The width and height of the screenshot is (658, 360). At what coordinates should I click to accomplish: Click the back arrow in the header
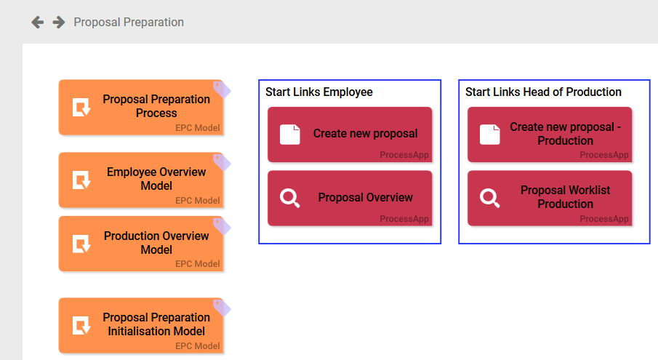click(x=38, y=23)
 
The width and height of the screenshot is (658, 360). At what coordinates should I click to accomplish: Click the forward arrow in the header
click(x=59, y=23)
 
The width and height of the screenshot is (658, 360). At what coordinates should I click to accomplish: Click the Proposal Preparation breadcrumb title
click(x=129, y=23)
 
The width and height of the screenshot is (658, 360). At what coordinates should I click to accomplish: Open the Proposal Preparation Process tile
click(x=141, y=107)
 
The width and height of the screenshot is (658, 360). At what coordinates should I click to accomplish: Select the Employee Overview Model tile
click(x=141, y=180)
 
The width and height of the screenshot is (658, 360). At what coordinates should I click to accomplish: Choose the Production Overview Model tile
click(x=141, y=243)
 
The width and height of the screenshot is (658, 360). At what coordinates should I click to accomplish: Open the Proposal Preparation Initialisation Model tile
click(x=141, y=325)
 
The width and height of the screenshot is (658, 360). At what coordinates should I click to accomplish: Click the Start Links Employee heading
click(x=318, y=92)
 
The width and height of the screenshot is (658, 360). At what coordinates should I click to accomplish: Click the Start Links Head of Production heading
click(x=543, y=92)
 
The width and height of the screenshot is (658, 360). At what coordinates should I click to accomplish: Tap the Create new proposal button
click(x=350, y=135)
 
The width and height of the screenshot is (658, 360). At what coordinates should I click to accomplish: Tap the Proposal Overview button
click(x=350, y=198)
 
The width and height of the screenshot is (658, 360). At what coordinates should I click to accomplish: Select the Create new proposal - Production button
click(x=550, y=135)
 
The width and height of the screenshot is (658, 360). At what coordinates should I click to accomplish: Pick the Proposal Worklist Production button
click(x=550, y=198)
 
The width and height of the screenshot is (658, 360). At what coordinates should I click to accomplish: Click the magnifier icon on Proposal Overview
click(x=290, y=198)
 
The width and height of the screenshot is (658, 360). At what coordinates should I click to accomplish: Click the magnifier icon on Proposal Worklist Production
click(x=490, y=198)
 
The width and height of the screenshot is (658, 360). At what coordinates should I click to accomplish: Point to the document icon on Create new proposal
click(x=290, y=135)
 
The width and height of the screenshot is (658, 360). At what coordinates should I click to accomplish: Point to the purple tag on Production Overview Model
click(x=222, y=225)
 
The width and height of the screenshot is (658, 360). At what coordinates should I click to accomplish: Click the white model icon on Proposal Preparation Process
click(x=81, y=108)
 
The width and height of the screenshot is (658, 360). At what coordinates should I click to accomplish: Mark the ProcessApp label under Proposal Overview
click(x=404, y=219)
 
